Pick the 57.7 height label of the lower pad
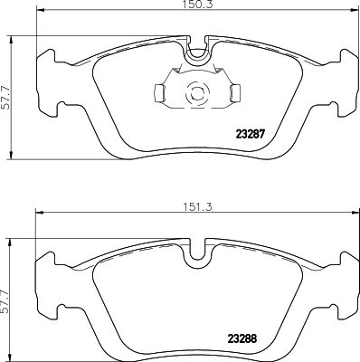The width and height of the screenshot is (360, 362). click(x=6, y=295)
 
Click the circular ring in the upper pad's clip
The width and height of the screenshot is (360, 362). click(x=194, y=92)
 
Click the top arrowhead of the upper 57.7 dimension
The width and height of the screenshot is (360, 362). click(x=11, y=38)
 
